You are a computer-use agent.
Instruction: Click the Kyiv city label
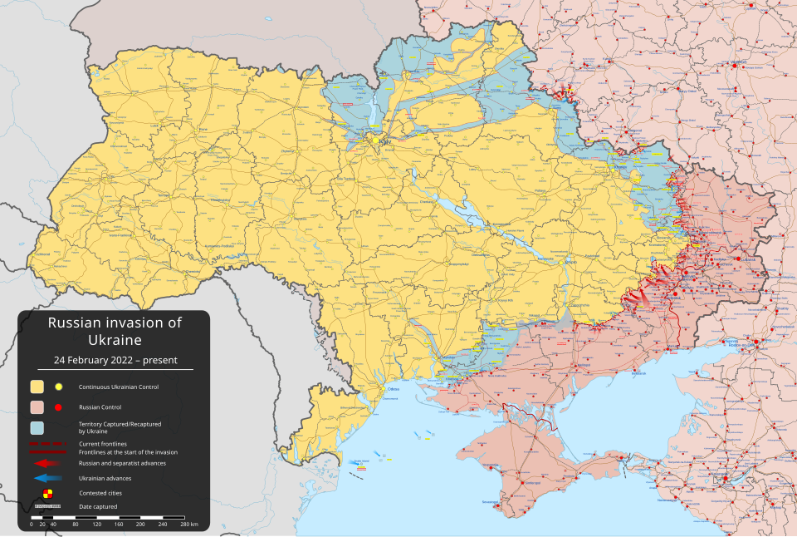click(384, 141)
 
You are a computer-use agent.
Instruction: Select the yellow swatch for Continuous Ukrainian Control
click(37, 387)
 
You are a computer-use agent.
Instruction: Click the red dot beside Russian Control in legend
click(59, 407)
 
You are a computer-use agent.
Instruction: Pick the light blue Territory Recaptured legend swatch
click(37, 428)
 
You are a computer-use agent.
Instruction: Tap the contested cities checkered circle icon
click(46, 493)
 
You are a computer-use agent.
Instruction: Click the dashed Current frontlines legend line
click(46, 444)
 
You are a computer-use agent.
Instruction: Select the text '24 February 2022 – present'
click(115, 360)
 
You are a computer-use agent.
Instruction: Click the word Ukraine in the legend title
click(115, 340)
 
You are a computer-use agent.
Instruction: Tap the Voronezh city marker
click(736, 65)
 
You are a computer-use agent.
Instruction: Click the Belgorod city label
click(636, 131)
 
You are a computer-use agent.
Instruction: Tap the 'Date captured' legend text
click(98, 506)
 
